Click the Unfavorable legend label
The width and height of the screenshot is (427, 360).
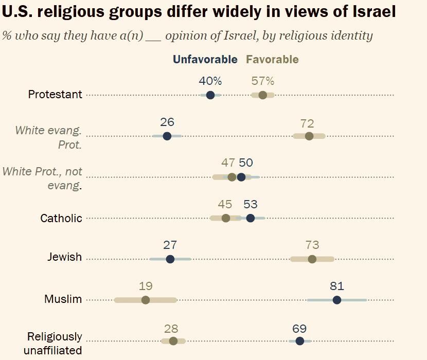pos(205,60)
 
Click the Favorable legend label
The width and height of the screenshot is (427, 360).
pos(272,60)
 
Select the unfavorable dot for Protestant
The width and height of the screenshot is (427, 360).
pos(210,95)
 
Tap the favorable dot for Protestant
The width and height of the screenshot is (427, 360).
pos(263,95)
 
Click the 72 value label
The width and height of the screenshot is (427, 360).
pos(307,123)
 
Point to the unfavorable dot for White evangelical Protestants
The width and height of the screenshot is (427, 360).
pos(167,136)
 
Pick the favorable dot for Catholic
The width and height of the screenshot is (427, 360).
pos(225,218)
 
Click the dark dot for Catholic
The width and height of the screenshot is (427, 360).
pos(251,218)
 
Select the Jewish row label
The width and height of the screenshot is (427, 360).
pos(64,257)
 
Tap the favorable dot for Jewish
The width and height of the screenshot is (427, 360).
pos(312,259)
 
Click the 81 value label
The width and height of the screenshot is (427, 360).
pos(337,286)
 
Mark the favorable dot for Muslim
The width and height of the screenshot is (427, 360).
pos(146,300)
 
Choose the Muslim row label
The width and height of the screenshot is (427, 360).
pos(63,299)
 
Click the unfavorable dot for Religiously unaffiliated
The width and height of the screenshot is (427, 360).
pos(299,340)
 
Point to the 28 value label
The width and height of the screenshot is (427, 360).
pos(171,328)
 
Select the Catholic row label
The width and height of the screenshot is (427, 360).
pos(61,218)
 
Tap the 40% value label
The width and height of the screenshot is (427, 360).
pos(210,81)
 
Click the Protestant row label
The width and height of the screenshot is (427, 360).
pos(55,95)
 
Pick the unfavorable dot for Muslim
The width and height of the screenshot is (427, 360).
pos(337,300)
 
